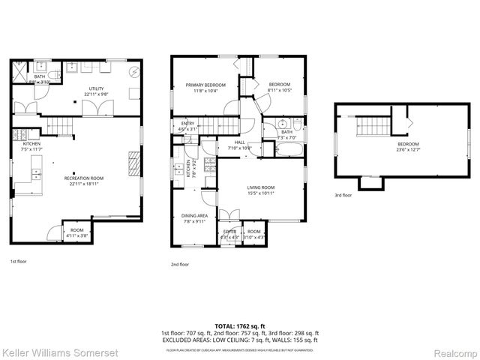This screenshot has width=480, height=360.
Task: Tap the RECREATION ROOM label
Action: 83,177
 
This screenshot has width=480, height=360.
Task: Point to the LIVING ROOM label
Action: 262,187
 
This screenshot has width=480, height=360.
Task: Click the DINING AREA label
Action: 194,217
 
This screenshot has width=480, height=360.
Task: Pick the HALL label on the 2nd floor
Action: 240,142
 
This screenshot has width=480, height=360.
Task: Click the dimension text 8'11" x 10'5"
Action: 280,91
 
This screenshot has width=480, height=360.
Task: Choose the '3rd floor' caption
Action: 343,195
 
